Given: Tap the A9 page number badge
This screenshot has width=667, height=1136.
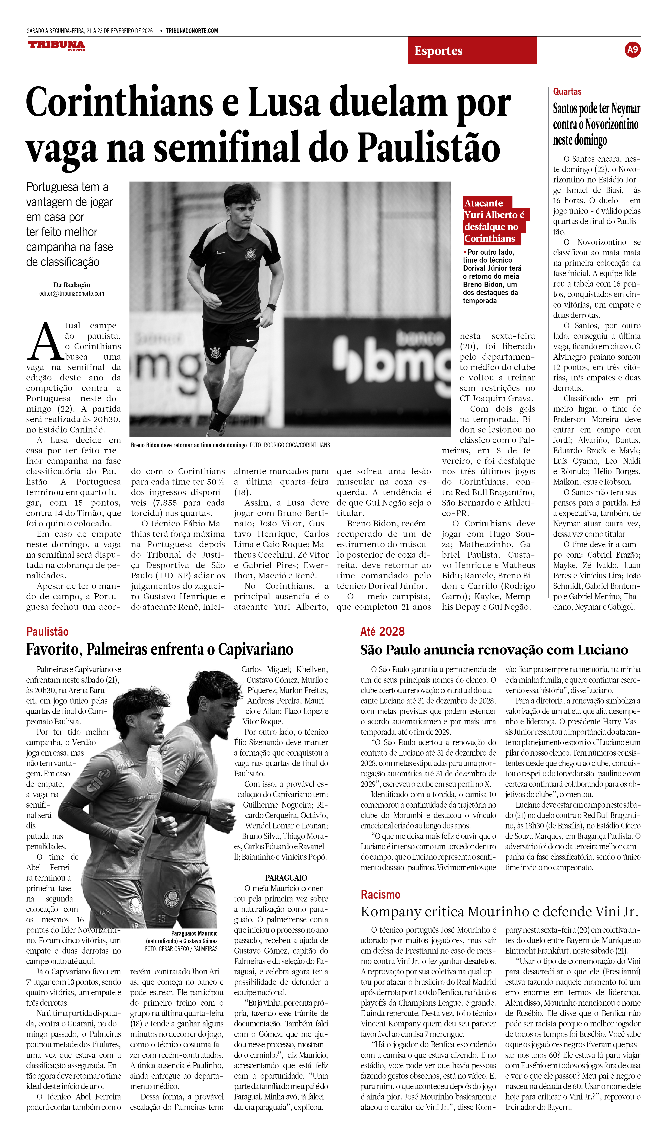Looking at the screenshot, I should [632, 50].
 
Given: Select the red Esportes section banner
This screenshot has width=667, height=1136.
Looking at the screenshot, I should [472, 50].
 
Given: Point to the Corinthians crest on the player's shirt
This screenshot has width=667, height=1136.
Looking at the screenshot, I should [249, 254].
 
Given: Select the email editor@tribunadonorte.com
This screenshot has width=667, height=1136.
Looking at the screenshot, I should [72, 293].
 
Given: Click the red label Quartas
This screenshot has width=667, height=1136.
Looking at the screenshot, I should [567, 92].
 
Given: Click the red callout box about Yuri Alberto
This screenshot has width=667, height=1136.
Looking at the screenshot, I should [495, 220].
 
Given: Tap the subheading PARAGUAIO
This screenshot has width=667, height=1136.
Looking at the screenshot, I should [286, 878].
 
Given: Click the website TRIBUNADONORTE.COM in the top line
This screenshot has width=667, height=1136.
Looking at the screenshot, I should [192, 31].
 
